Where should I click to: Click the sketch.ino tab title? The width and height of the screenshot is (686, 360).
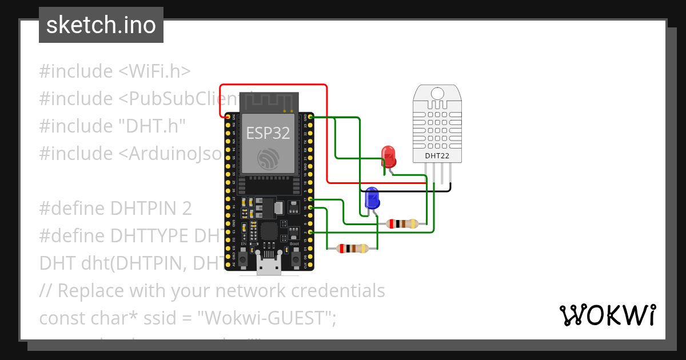pos(101,25)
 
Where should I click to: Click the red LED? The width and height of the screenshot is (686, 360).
pos(389,155)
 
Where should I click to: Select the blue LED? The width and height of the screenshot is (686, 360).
pos(372,198)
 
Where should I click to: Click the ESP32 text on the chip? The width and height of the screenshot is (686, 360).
pos(268,133)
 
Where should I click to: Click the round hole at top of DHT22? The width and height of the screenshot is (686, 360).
pos(438,94)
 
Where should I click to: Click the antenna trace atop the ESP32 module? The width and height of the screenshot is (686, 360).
pos(268,102)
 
